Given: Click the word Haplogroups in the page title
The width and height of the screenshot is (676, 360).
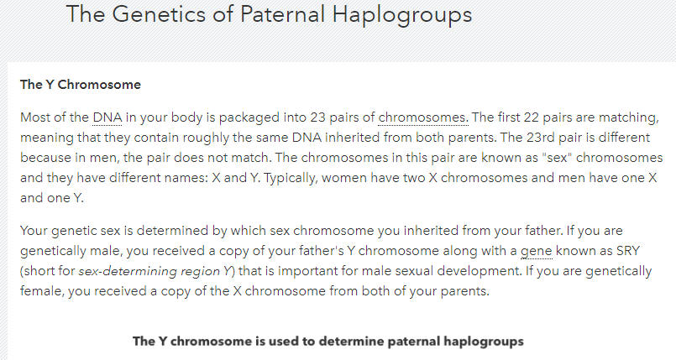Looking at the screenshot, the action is [401, 14].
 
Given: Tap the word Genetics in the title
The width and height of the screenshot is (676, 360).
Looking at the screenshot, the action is [157, 13].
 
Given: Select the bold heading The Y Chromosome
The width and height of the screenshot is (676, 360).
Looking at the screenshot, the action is [81, 85].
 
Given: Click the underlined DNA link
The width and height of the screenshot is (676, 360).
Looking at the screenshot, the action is [107, 117].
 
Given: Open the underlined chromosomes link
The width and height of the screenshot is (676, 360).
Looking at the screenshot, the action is [423, 117].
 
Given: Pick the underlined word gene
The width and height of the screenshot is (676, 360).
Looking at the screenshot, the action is [537, 252].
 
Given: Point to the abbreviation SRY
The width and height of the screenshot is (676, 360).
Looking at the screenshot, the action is [628, 251].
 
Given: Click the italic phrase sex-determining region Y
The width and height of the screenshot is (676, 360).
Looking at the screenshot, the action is [155, 271].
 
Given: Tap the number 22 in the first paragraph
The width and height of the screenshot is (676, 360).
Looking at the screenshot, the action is [531, 117].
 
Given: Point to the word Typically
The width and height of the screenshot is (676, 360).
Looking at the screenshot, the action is [291, 178].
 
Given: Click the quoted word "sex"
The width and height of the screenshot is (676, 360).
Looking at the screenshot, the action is [557, 158].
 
